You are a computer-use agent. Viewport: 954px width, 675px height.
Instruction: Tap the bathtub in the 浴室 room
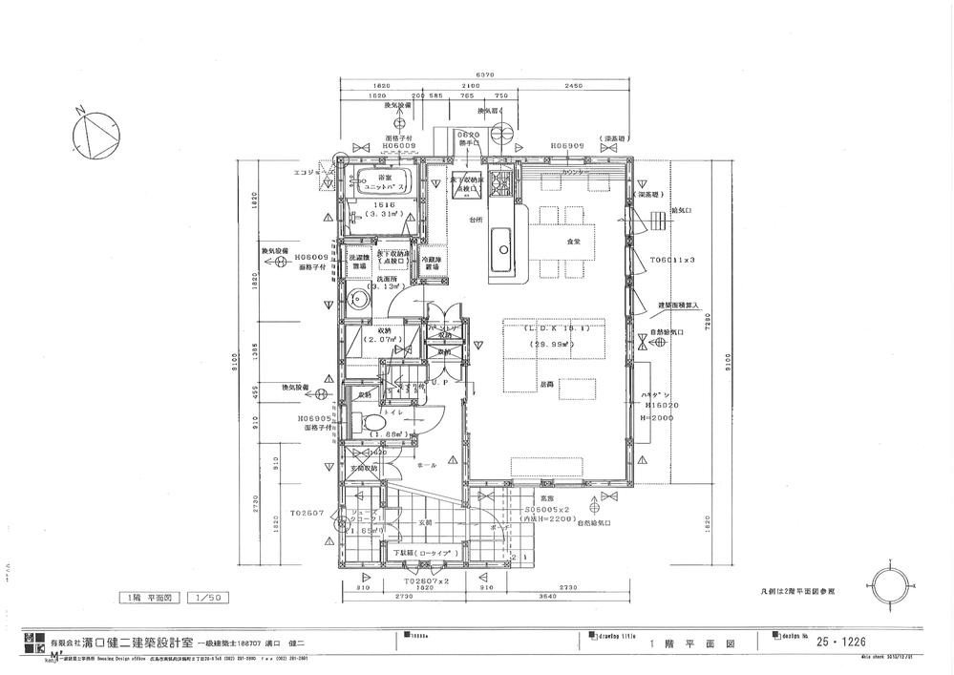(386, 181)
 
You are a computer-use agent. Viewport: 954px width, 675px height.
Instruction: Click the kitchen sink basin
(501, 253)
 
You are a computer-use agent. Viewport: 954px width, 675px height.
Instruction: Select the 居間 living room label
(545, 382)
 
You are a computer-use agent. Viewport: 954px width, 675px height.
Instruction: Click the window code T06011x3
(672, 259)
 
